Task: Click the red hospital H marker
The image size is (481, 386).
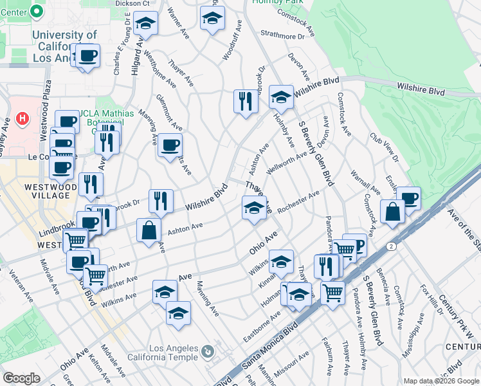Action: [x=23, y=119]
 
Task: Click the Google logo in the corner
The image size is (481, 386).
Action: [x=21, y=378]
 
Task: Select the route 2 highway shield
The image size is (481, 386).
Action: [x=390, y=246]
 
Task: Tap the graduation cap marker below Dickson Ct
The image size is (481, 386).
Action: [x=146, y=24]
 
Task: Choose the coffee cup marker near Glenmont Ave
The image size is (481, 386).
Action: [x=170, y=145]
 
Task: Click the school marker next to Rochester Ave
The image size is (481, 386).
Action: [x=254, y=208]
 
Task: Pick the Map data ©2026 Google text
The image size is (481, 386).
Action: [x=441, y=381]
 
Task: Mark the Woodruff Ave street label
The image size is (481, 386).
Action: [x=232, y=40]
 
